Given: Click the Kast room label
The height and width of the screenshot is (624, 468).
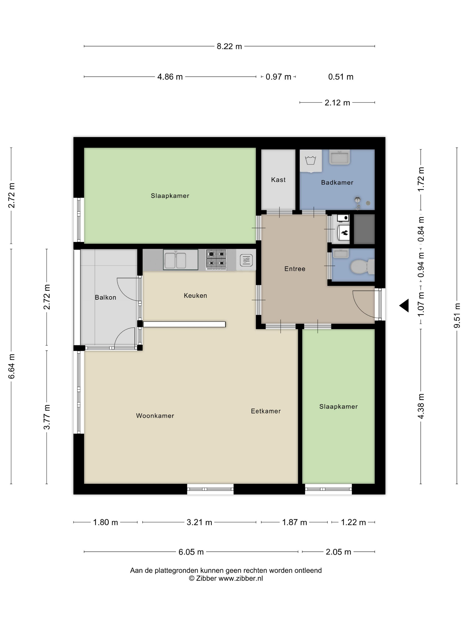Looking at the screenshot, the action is [x=278, y=180].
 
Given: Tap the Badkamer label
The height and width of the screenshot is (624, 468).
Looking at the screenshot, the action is [x=337, y=183].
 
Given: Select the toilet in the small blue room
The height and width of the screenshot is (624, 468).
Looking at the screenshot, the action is [x=362, y=266].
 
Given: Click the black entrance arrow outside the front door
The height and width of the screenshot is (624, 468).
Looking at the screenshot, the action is [x=404, y=306].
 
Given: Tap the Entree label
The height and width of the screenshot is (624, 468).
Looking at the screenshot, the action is [x=295, y=269].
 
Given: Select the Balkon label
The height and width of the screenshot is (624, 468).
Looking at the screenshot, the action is [x=105, y=297].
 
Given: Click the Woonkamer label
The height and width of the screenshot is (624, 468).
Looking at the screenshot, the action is [x=155, y=416].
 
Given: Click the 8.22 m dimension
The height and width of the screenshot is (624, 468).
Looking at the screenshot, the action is [x=229, y=46].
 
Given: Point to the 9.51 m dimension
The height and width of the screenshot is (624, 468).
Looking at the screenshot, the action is [x=457, y=316].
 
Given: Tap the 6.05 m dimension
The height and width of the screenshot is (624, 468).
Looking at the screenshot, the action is [x=191, y=552].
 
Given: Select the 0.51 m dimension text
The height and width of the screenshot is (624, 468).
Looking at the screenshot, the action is [x=341, y=77].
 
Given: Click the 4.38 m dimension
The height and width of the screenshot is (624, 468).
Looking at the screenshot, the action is [x=421, y=406].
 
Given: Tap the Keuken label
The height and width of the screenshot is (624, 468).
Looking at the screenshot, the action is [x=195, y=296].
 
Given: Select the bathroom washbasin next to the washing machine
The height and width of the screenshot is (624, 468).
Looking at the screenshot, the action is [x=339, y=157].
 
